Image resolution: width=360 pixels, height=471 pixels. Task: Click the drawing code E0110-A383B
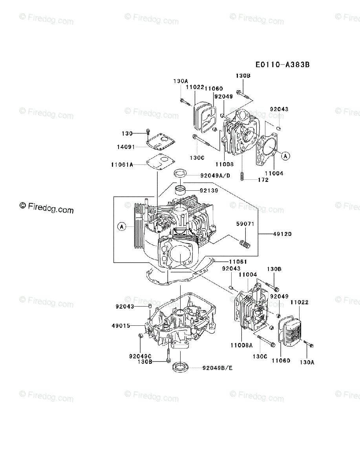(282, 65)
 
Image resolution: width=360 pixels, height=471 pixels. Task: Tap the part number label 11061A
(122, 165)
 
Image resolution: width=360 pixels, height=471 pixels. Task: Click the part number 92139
(208, 191)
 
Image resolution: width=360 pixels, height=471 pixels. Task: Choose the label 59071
(245, 224)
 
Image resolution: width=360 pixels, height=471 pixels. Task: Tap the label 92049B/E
(217, 368)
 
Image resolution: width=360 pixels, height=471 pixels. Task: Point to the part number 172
(263, 180)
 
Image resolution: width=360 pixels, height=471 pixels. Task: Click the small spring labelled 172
(243, 177)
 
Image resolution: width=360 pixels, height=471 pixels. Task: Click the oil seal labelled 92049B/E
(181, 367)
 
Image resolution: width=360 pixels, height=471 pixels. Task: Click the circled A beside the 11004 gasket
(285, 156)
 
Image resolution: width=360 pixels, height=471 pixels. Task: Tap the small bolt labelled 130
(148, 131)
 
